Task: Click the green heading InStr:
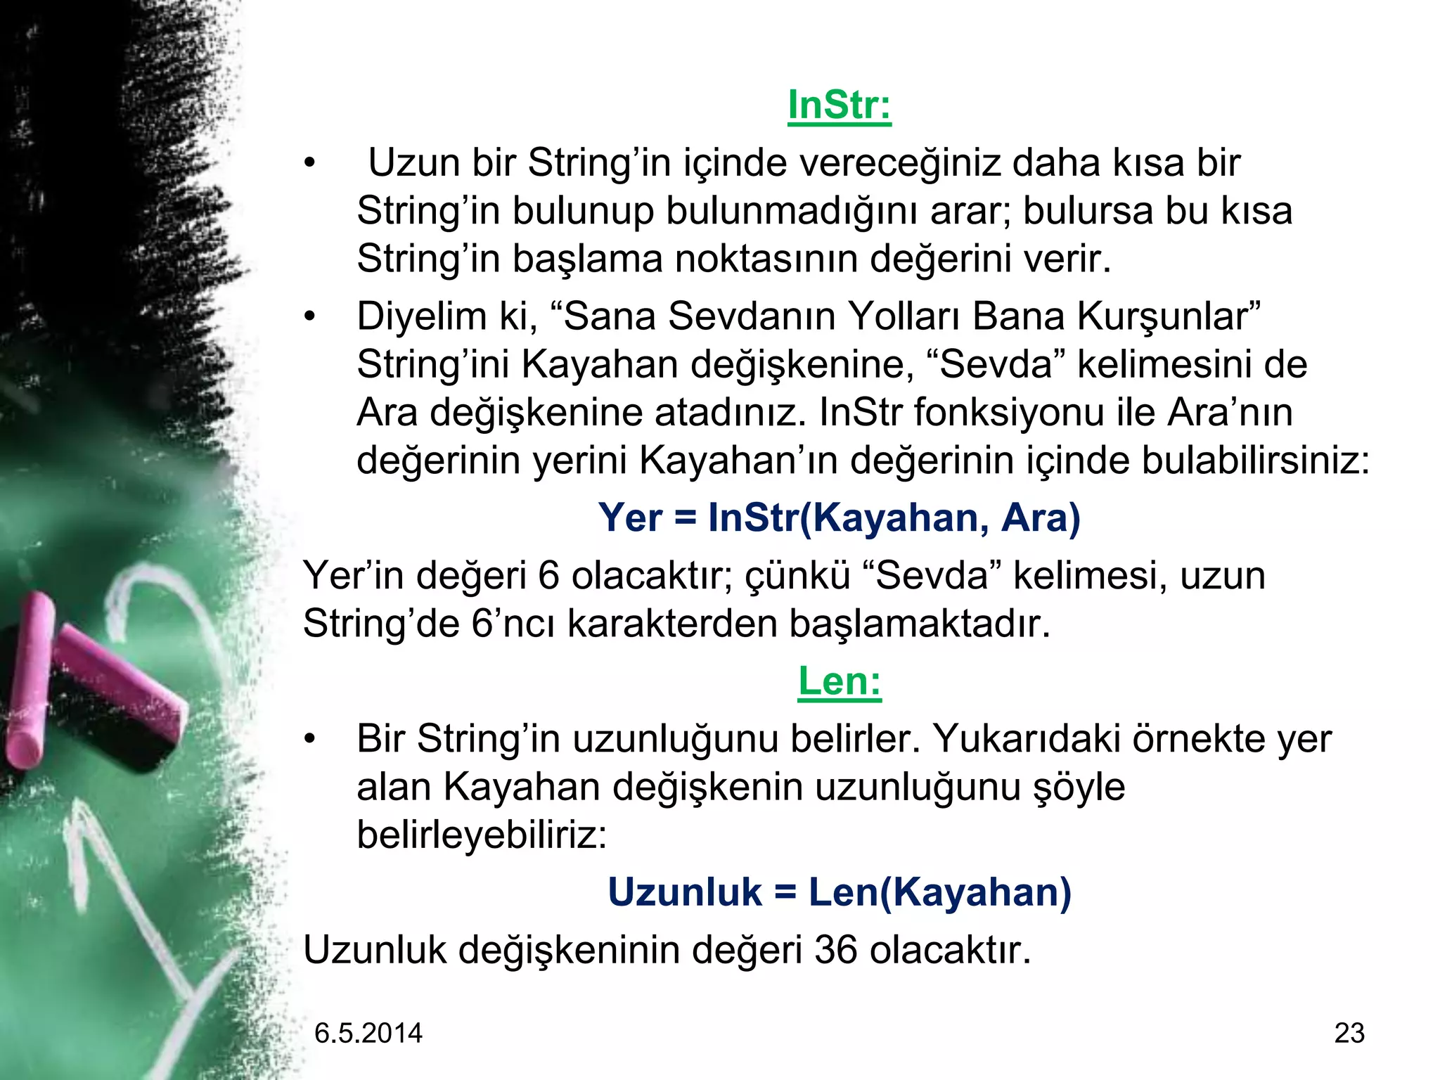[839, 105]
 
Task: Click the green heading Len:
[839, 681]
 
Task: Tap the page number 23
[1349, 1033]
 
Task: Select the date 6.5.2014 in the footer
[368, 1033]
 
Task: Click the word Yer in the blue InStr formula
[630, 518]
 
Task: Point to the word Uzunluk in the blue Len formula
[684, 893]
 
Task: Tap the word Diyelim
[421, 316]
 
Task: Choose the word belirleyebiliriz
[481, 835]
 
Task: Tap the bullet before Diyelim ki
[310, 318]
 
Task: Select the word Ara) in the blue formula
[1041, 518]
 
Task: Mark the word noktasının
[766, 259]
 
